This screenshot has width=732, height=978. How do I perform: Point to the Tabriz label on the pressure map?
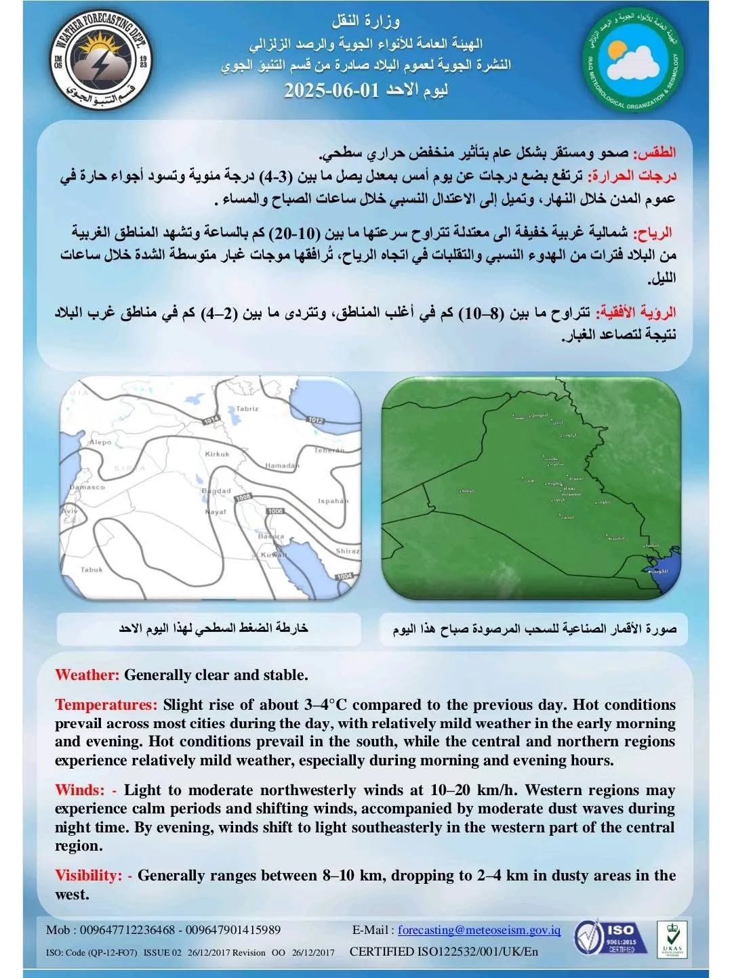coord(247,409)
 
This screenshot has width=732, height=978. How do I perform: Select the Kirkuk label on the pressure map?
coord(217,454)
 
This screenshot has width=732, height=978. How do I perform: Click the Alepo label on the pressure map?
coord(100,442)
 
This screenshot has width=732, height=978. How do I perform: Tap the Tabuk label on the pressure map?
coord(91,570)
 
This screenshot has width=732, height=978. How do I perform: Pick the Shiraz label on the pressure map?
coord(347,551)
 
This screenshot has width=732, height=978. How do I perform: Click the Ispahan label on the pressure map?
coord(332,501)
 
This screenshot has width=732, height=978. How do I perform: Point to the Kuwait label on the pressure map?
coord(274,555)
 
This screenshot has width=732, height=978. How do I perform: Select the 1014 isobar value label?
coord(211,420)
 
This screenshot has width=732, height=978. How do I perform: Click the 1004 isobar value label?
coord(344,576)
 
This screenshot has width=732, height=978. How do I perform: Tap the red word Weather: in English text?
coord(87,675)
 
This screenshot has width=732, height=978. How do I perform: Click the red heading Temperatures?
coord(106,705)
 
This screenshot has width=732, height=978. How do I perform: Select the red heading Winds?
coord(79,790)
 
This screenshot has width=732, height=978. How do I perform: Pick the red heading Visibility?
coord(89,876)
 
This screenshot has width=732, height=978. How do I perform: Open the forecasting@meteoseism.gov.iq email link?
coord(479,930)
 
